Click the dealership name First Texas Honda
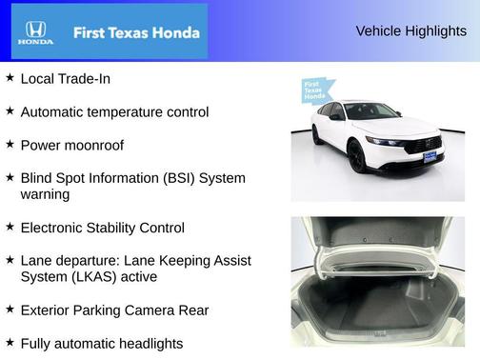point(136,32)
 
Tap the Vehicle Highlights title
point(410,31)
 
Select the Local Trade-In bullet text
point(65,79)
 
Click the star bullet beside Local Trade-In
point(10,78)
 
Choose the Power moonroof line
point(71,145)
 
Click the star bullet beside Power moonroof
point(10,144)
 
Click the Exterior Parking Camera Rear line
point(113,310)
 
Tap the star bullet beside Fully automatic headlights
point(10,342)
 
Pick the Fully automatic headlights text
point(101,343)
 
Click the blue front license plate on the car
point(431,155)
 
